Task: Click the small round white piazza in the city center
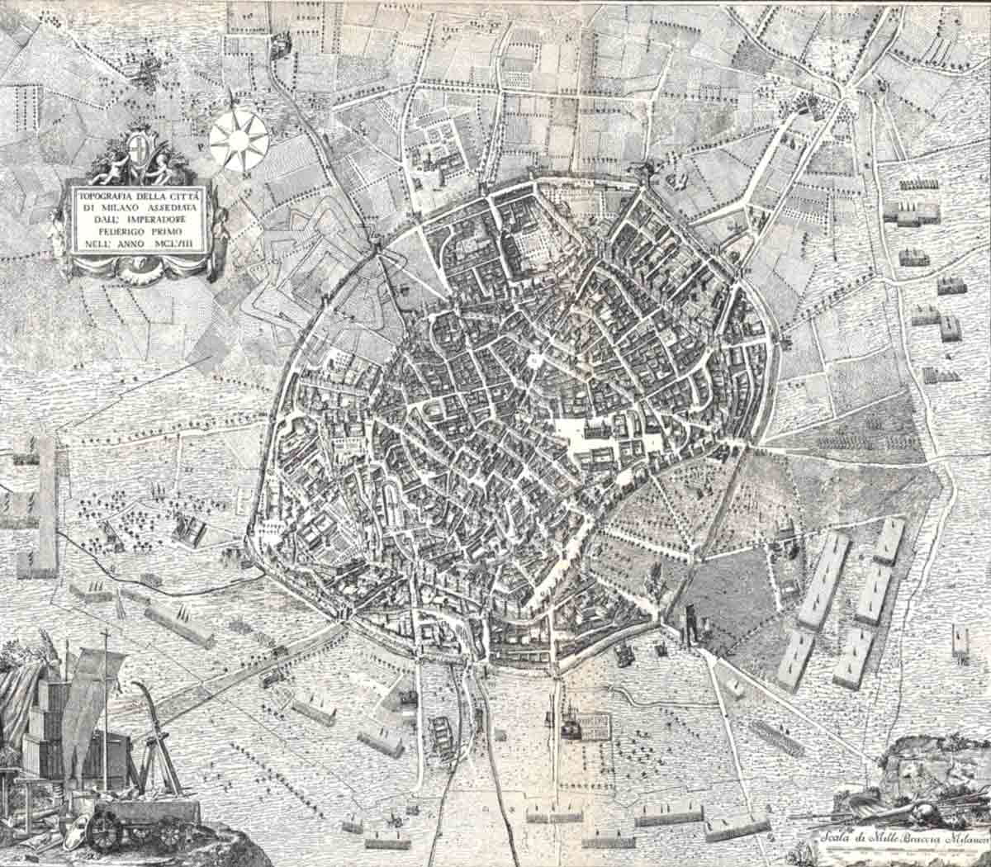pyautogui.click(x=534, y=361)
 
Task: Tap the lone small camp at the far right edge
pyautogui.click(x=960, y=641)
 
